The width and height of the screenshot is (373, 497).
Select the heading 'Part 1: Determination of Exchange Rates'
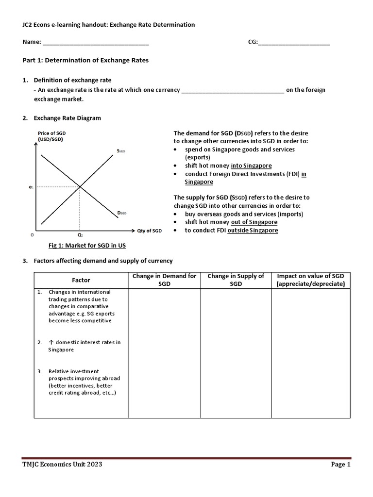pos(85,61)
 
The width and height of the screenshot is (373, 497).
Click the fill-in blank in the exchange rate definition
pos(232,91)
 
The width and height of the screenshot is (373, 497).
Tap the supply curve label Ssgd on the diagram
pos(121,151)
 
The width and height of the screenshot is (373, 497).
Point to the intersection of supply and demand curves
pos(80,186)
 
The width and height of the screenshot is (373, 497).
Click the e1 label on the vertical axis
pos(31,186)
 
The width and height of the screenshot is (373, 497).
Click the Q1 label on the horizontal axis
pos(80,234)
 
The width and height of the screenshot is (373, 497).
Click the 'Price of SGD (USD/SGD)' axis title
pos(50,136)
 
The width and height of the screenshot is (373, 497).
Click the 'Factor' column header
pos(81,280)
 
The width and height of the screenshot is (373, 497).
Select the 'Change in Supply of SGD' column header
pos(236,280)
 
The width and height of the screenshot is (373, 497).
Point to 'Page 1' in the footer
pos(340,464)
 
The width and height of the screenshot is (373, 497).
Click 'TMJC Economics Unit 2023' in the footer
pos(63,464)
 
